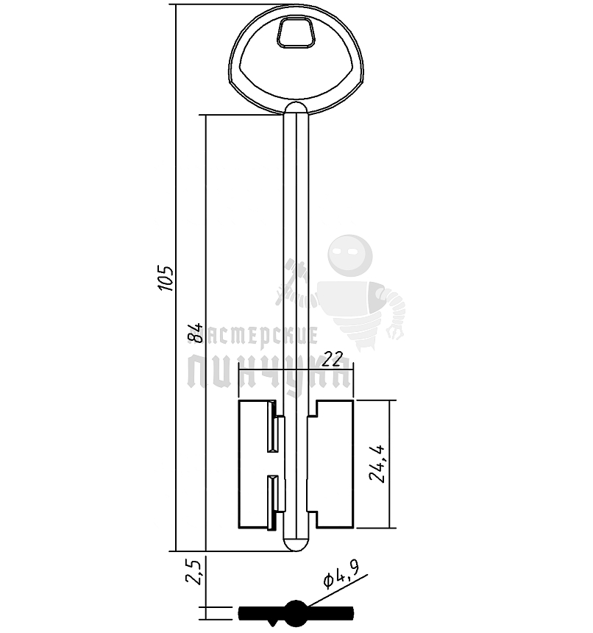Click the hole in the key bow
295,33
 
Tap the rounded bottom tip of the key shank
296,543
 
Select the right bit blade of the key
335,464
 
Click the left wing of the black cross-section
261,612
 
